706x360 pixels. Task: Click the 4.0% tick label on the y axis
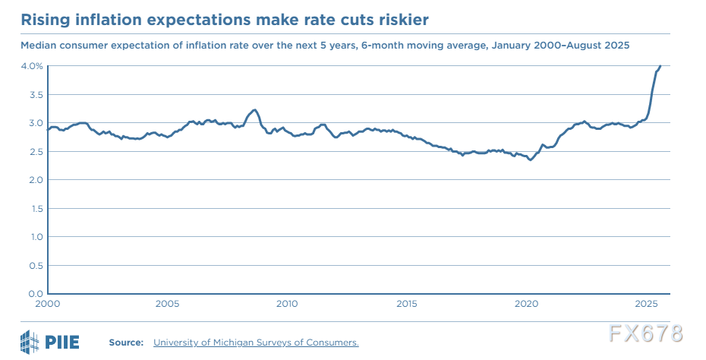[33, 66]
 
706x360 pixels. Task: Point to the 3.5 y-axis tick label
[36, 94]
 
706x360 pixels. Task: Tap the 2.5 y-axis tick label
[36, 151]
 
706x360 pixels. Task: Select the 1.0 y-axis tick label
[36, 236]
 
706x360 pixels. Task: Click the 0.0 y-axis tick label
[36, 293]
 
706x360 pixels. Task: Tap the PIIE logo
[51, 341]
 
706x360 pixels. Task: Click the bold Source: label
[126, 343]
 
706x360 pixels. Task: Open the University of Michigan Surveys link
[256, 343]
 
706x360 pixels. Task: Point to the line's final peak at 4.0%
[660, 66]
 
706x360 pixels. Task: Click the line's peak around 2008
[254, 109]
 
